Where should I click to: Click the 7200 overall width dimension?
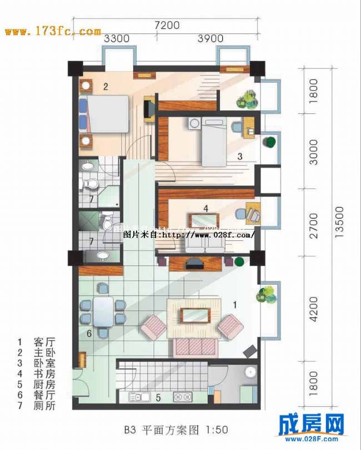(x=167, y=25)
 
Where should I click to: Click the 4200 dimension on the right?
(x=314, y=310)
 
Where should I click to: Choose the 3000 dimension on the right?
(x=314, y=151)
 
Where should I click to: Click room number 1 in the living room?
(x=234, y=304)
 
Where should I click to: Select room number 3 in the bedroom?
(x=240, y=156)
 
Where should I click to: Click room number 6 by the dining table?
(x=88, y=333)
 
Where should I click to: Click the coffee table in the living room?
(x=194, y=315)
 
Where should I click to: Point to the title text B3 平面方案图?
(x=176, y=429)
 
